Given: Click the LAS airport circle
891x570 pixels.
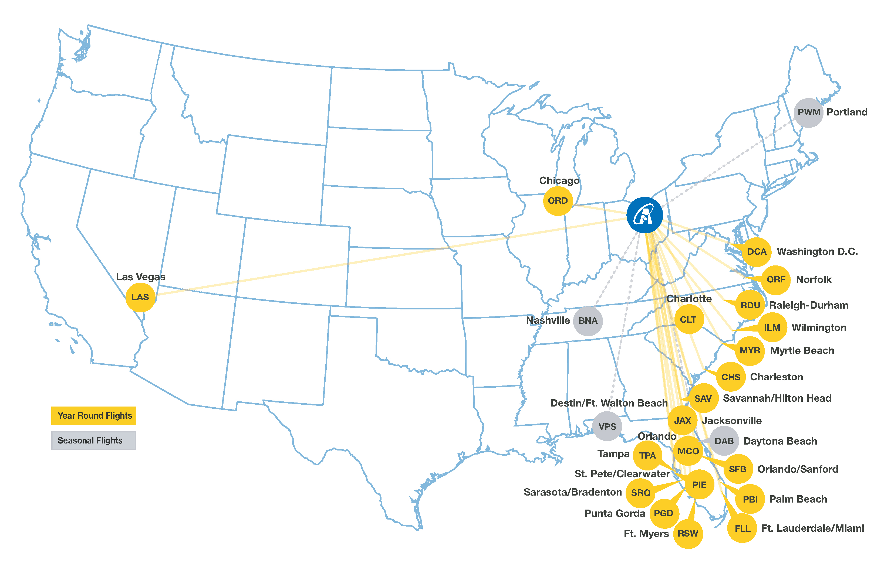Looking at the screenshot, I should pos(140,297).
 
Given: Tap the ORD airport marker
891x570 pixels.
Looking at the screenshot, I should pos(558,201).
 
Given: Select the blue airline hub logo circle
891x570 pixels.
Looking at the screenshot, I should pos(645,215).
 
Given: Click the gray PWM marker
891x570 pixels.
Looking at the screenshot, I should pos(808,112).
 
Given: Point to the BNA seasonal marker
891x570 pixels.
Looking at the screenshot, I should pos(588,321).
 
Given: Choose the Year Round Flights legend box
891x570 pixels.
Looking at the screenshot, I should pos(94,416).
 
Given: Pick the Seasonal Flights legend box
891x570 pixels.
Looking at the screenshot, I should pos(94,441).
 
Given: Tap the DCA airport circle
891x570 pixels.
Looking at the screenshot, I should pos(757,252).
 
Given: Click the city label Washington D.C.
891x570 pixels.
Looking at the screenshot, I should pos(817,252).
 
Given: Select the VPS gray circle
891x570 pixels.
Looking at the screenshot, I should pos(607,426).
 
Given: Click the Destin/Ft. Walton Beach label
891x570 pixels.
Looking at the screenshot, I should pos(609,403).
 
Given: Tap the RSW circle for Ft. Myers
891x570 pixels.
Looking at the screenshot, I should pos(688,534).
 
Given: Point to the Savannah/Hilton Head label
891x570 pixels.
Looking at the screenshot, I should pos(777,398).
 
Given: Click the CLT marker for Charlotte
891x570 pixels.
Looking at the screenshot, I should pos(688,319).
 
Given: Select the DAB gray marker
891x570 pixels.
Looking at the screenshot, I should pos(724,441).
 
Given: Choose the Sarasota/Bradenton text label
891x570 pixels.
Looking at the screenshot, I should pos(572,492).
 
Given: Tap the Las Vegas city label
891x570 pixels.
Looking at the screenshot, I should pos(140,277).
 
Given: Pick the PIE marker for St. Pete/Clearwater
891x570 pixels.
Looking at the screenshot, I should pos(699,485).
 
